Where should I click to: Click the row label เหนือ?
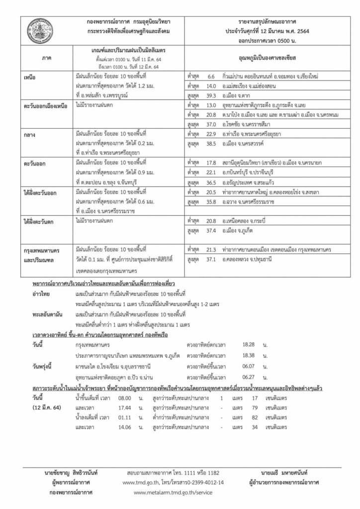[31, 78]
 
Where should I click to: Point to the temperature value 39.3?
[210, 97]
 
